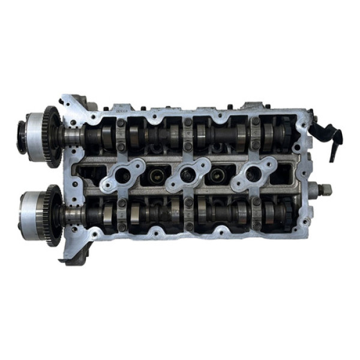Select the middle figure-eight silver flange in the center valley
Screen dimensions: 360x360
[188, 175]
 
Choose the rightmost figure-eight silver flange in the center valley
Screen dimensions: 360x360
[252, 174]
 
